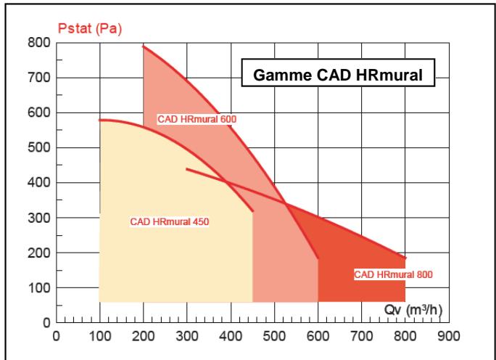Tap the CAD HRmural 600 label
197,119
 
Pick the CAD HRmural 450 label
169,221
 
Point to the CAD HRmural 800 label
392,275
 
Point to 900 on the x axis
449,337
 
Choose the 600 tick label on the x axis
318,337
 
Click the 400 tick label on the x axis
231,337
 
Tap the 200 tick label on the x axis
144,337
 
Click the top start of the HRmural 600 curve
144,46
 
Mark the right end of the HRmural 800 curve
405,258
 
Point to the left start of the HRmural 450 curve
100,120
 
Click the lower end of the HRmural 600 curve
318,258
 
